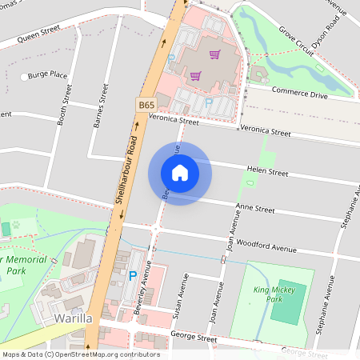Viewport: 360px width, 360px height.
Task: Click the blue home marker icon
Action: (x=179, y=173)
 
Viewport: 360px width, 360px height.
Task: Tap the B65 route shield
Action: (x=145, y=105)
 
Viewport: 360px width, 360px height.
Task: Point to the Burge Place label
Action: (x=47, y=75)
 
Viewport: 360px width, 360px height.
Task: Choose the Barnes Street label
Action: (x=99, y=111)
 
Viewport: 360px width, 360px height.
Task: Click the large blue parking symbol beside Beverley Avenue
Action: (x=132, y=276)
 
